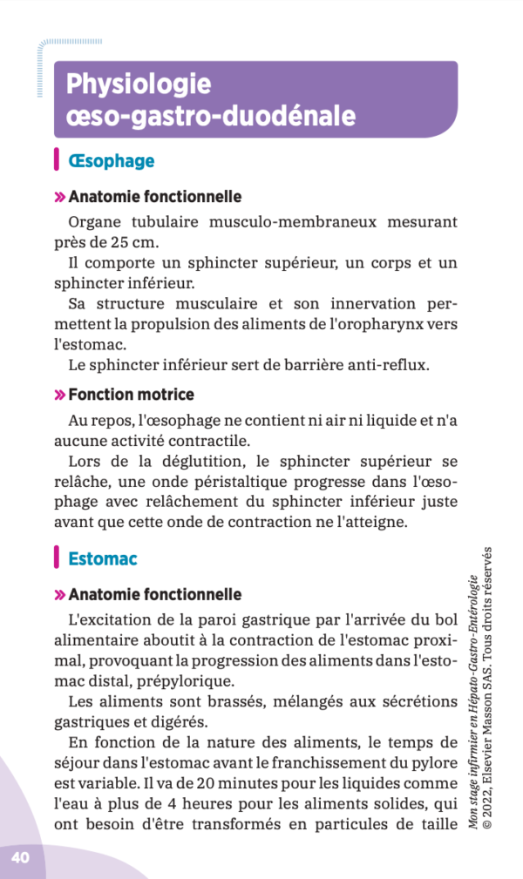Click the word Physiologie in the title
pyautogui.click(x=139, y=85)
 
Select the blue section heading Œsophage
pyautogui.click(x=111, y=161)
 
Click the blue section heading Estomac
pyautogui.click(x=102, y=558)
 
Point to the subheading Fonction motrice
pyautogui.click(x=131, y=395)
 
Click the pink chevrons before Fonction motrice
pyautogui.click(x=60, y=396)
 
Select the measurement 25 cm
pyautogui.click(x=139, y=241)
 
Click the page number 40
pyautogui.click(x=20, y=857)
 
